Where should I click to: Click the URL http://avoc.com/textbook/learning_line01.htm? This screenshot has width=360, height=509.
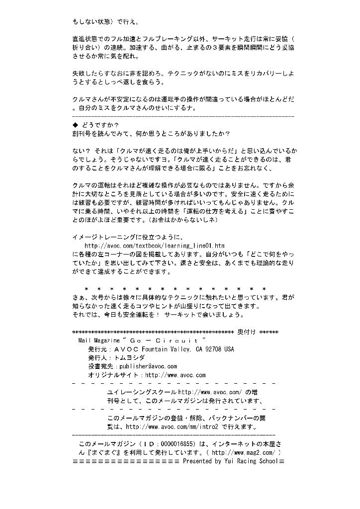155,246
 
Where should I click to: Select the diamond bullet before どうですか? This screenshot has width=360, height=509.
75,125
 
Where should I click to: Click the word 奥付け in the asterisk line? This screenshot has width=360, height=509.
247,332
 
